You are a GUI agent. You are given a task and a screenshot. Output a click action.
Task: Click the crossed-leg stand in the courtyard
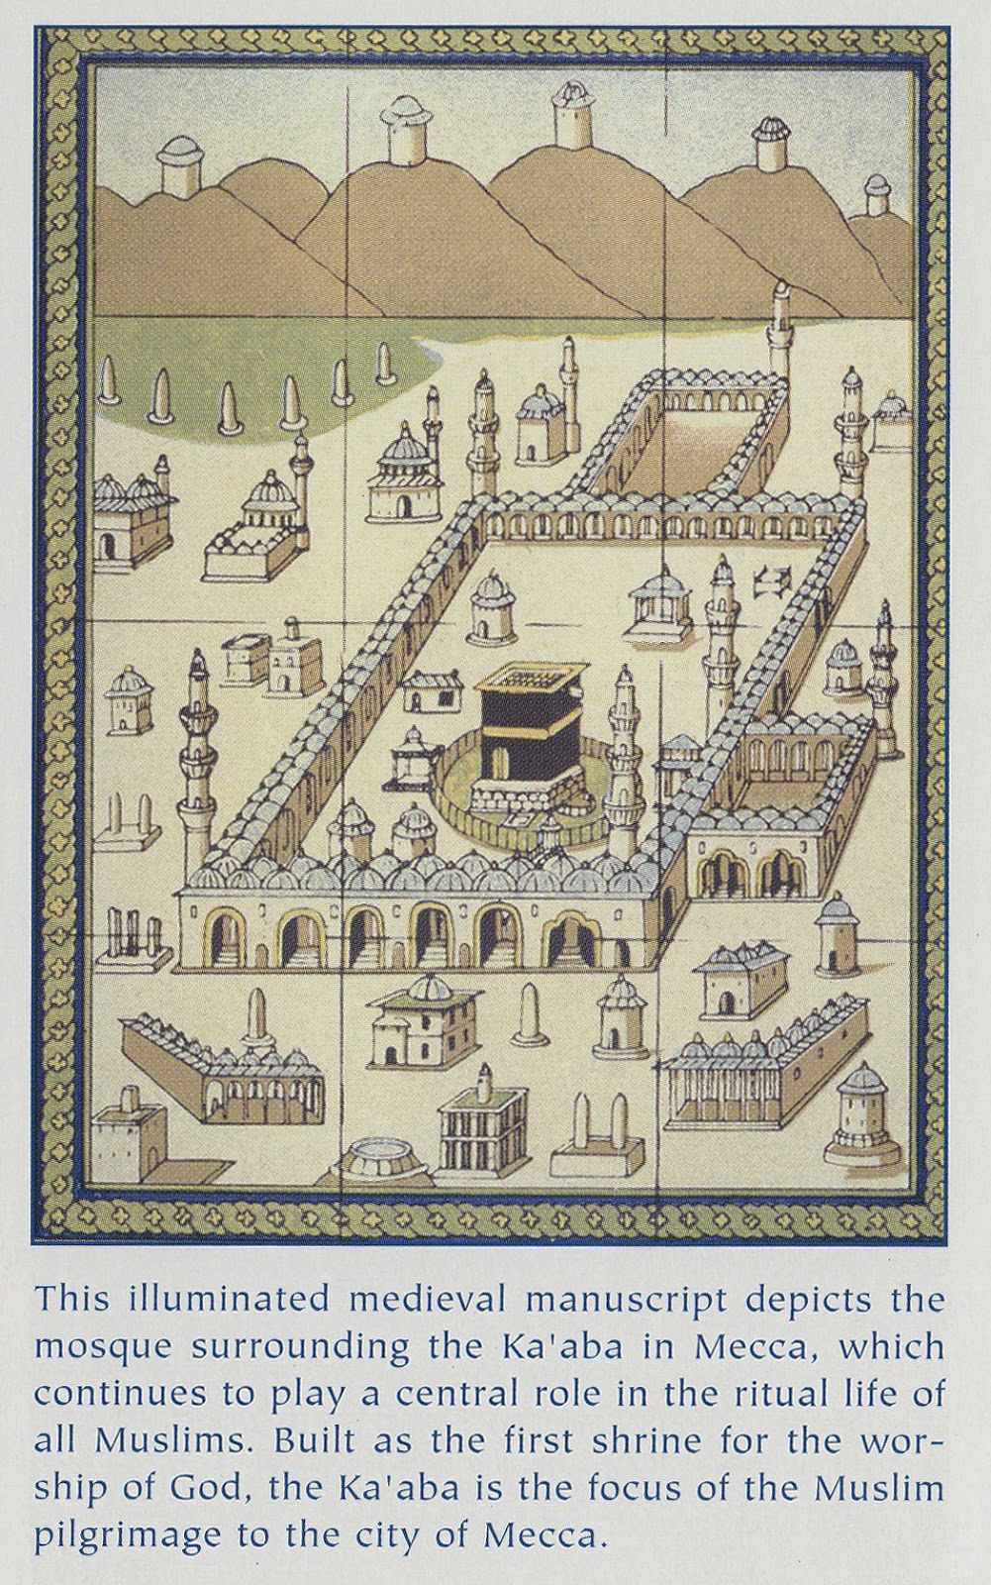(x=766, y=581)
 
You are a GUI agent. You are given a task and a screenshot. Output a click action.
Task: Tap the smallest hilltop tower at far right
(x=877, y=195)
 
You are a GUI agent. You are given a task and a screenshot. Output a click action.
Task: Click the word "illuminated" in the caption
(x=215, y=1299)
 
